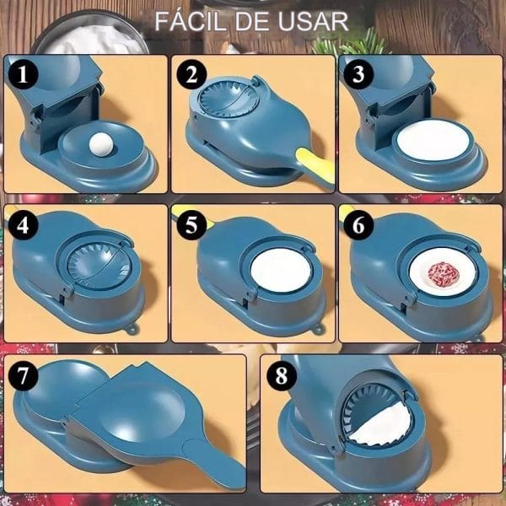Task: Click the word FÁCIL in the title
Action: [x=190, y=21]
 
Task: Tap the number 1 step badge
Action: [x=24, y=75]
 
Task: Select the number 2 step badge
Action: [x=191, y=75]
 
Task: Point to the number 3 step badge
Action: [x=358, y=74]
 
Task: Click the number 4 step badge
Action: [x=24, y=225]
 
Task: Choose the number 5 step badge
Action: [x=191, y=225]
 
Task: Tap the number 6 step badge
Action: [x=358, y=225]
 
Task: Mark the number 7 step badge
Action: [x=24, y=375]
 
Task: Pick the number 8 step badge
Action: [x=282, y=375]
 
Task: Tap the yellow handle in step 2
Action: [x=315, y=166]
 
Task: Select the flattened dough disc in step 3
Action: [x=433, y=140]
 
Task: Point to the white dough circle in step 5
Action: [x=281, y=271]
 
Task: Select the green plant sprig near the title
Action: [x=351, y=43]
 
